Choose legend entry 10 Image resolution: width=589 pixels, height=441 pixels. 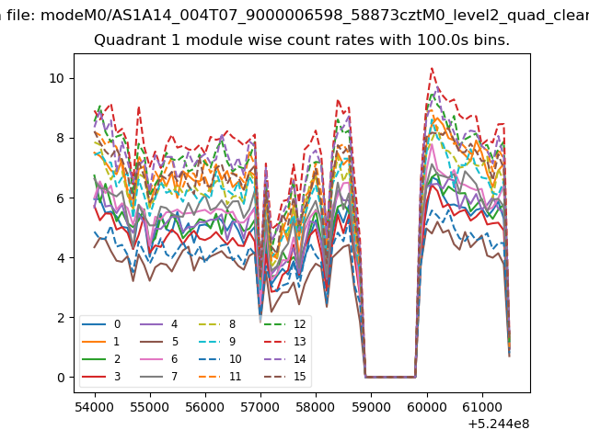[x=220, y=359]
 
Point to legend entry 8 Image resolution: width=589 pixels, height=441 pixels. [x=217, y=324]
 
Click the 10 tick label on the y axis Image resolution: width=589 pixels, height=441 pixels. [x=57, y=78]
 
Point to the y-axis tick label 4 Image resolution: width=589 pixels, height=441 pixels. [x=61, y=258]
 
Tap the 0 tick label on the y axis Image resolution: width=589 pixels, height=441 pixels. [x=61, y=378]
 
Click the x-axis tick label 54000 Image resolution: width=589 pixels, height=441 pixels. [x=95, y=407]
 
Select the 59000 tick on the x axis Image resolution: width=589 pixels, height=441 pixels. [x=371, y=407]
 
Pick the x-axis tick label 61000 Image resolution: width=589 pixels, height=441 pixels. [x=482, y=407]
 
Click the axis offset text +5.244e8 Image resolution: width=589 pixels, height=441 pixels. [x=499, y=424]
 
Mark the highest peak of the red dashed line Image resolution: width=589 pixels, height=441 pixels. [x=433, y=68]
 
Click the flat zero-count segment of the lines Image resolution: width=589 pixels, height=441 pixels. [x=390, y=377]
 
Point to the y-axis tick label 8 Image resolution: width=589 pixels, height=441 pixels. [x=61, y=138]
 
